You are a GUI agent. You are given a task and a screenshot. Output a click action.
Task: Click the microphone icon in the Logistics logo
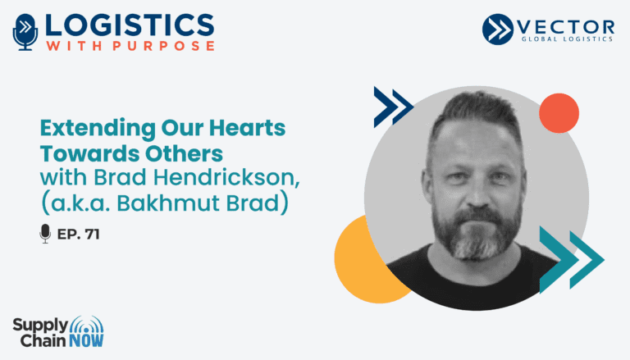[25, 32]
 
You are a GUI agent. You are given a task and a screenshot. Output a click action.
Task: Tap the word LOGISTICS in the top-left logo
[130, 25]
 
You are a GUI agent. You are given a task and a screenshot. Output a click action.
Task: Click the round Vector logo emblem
[497, 29]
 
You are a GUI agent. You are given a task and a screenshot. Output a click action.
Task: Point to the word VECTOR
[565, 27]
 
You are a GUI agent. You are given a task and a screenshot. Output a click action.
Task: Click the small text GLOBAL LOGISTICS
[567, 39]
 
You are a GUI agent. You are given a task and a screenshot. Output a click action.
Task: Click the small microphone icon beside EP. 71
[45, 234]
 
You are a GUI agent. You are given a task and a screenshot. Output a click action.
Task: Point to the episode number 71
[92, 235]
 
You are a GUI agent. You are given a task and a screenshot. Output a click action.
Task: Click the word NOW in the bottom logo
[86, 340]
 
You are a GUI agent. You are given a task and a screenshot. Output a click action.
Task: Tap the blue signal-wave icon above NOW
[86, 325]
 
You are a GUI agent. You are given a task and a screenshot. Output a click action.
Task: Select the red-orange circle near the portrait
[559, 113]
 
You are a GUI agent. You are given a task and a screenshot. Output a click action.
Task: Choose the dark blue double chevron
[393, 107]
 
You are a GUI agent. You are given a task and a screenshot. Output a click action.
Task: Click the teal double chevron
[571, 260]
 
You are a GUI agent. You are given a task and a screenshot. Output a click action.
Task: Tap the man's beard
[477, 232]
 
